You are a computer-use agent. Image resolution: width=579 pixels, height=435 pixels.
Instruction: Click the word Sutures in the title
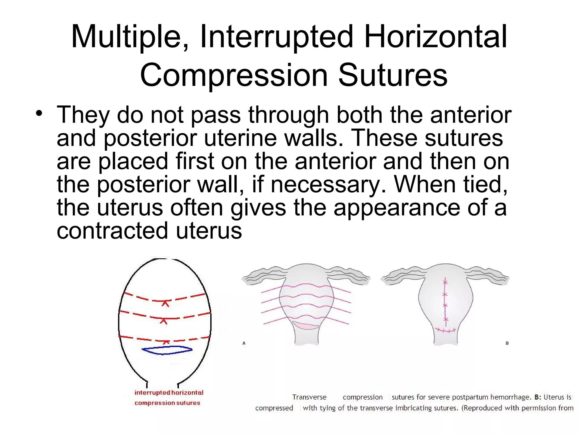[x=393, y=75]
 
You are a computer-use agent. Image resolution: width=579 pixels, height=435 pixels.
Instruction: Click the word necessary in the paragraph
[x=328, y=184]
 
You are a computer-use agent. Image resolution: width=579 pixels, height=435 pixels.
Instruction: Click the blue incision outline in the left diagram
[x=167, y=351]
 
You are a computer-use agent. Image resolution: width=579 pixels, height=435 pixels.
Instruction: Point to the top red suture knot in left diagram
[x=166, y=303]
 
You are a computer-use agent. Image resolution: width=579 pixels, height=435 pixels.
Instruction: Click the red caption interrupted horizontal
[x=169, y=393]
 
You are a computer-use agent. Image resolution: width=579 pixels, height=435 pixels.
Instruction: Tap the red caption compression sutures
[x=167, y=403]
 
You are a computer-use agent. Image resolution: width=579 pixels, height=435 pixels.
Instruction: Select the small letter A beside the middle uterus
[x=244, y=343]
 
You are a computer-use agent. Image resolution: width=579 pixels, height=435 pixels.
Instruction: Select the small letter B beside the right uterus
[x=507, y=343]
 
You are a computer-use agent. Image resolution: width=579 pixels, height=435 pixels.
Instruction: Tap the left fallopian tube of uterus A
[x=263, y=275]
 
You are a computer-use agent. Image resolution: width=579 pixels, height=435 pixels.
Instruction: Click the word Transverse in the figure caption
[x=309, y=397]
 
